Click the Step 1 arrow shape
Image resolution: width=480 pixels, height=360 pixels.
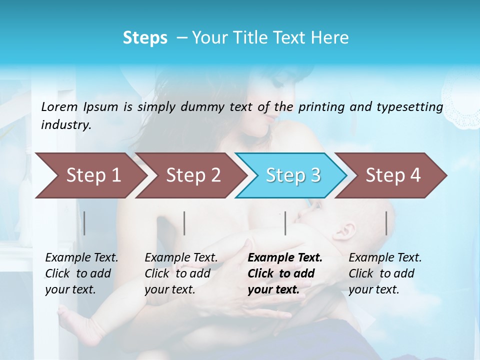[90, 175]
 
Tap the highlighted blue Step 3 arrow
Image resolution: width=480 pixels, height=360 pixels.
[292, 175]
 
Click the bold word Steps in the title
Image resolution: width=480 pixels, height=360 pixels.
[145, 38]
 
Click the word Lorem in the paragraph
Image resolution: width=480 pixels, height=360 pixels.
[59, 106]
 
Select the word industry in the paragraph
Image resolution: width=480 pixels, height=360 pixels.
[65, 125]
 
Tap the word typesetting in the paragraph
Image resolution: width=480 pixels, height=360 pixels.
[412, 107]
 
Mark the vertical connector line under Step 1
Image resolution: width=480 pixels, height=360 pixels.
[84, 223]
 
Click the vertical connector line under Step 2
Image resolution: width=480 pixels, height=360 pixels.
[184, 223]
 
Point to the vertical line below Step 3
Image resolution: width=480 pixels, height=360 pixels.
[285, 223]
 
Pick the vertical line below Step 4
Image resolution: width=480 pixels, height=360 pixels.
[386, 223]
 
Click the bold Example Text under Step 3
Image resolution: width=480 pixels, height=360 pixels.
[285, 258]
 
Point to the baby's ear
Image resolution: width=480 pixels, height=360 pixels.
[347, 231]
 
